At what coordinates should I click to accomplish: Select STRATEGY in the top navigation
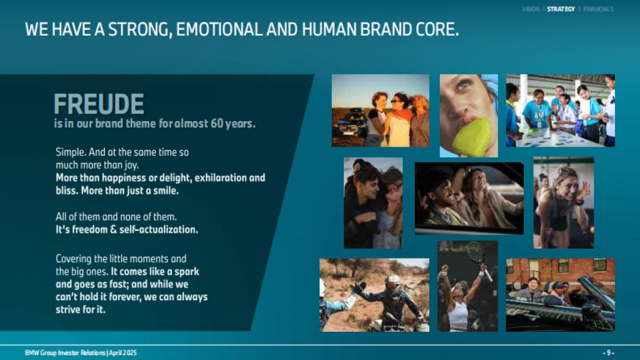pos(561,9)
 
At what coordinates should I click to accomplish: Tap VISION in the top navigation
pos(531,9)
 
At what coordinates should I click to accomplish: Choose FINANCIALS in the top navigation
pos(598,9)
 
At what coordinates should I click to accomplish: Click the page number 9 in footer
pos(609,353)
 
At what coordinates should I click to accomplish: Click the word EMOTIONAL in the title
pos(219,29)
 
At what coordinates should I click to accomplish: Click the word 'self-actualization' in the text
pos(158,229)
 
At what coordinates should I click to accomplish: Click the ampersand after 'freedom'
pos(114,229)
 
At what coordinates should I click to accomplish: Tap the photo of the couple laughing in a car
pos(469,198)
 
